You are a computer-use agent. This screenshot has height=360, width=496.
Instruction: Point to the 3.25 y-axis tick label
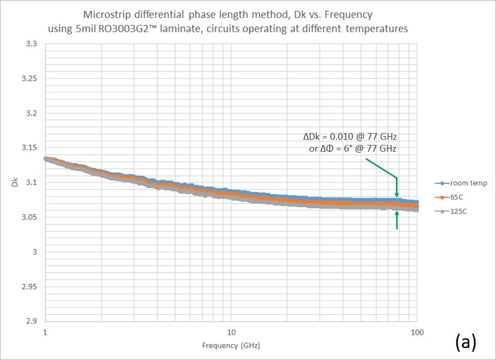(x=29, y=79)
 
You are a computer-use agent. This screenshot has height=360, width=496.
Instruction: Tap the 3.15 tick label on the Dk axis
(x=29, y=148)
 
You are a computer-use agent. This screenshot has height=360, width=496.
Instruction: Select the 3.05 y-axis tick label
(x=29, y=217)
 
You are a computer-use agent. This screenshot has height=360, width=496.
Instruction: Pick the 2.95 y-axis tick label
(x=29, y=286)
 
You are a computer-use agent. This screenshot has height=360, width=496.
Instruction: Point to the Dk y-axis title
(x=14, y=183)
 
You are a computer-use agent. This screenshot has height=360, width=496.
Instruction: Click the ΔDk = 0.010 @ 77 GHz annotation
(x=349, y=137)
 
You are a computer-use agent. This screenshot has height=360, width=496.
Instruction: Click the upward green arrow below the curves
(x=396, y=220)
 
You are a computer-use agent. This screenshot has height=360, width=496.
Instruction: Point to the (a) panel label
(x=466, y=341)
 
